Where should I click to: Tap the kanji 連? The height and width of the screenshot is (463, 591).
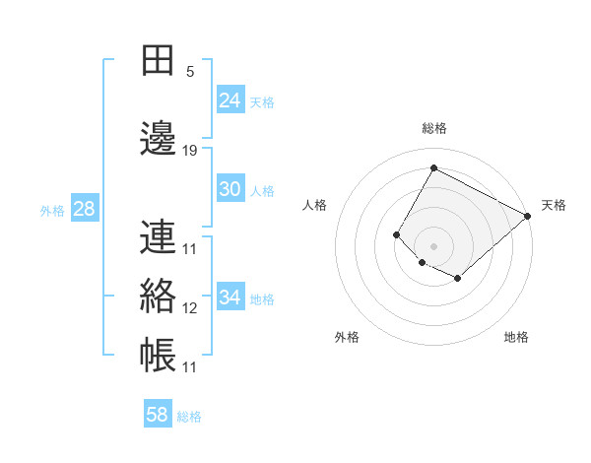tap(158, 235)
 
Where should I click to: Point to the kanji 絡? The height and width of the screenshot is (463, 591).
tap(158, 296)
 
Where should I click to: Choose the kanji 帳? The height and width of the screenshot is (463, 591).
tap(158, 354)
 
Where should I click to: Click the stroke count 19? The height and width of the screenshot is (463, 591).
tap(190, 151)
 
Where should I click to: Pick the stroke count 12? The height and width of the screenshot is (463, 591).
tap(190, 308)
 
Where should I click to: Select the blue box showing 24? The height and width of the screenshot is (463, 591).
tap(230, 100)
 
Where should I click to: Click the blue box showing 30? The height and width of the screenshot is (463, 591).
tap(230, 190)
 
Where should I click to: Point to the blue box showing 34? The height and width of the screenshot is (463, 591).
tap(230, 298)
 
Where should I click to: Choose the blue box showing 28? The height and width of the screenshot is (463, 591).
tap(84, 209)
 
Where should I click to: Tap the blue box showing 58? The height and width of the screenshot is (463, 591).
tap(158, 415)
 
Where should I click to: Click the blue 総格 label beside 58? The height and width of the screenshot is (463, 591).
tap(189, 417)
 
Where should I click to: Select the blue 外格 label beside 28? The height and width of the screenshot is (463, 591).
tap(52, 211)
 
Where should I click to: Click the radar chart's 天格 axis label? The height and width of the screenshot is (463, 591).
tap(554, 205)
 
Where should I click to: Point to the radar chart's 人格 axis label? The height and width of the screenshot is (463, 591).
tap(315, 205)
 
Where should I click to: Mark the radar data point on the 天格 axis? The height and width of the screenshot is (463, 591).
tap(528, 216)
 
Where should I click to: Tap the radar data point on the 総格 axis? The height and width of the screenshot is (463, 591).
tap(433, 168)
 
